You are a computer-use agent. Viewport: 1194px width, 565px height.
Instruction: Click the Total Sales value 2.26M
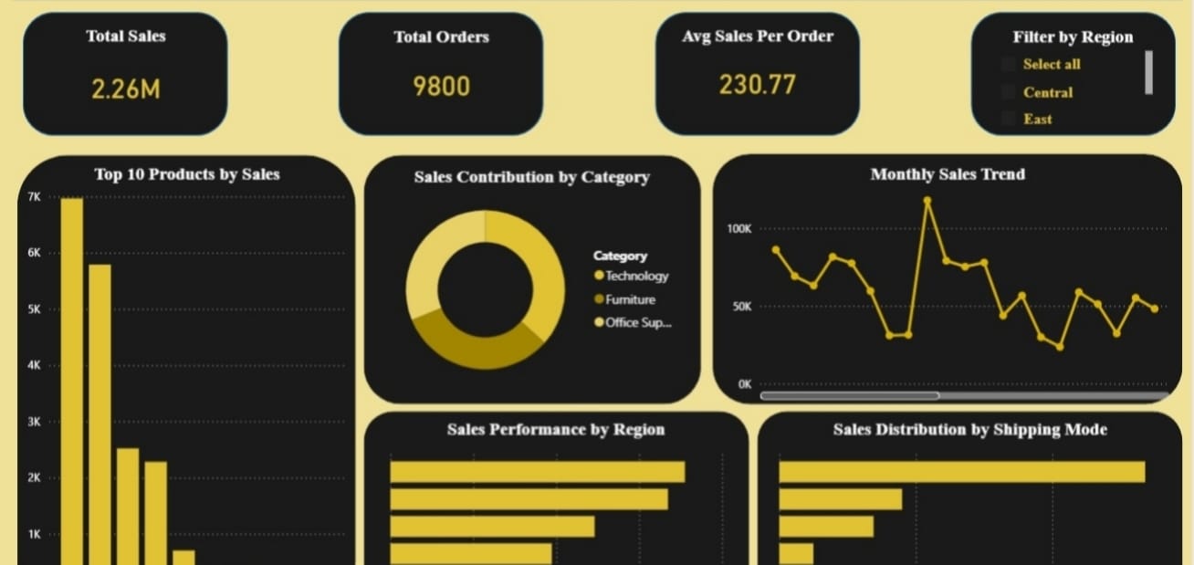[x=126, y=89]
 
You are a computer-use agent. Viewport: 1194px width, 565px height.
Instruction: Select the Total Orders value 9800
[x=441, y=87]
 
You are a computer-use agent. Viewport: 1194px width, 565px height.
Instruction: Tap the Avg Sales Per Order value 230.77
[x=757, y=85]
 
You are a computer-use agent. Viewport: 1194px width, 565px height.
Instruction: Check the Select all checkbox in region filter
[x=1008, y=64]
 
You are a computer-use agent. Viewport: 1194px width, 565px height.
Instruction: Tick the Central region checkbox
[x=1008, y=92]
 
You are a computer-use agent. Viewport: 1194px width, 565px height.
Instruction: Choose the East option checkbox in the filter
[x=1008, y=119]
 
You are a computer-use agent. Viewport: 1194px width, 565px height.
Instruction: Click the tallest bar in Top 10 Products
[x=72, y=365]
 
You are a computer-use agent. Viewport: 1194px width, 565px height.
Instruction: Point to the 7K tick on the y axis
[x=35, y=197]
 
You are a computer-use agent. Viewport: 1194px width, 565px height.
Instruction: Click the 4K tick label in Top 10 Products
[x=35, y=365]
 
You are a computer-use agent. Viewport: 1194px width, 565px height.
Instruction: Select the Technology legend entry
[x=636, y=276]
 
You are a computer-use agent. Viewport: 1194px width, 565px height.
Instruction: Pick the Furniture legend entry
[x=630, y=299]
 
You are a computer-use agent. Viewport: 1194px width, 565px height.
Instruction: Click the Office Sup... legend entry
[x=637, y=322]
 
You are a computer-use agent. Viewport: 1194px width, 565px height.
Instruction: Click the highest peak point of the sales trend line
[x=927, y=200]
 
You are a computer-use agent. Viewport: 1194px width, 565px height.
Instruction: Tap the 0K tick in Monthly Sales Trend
[x=744, y=384]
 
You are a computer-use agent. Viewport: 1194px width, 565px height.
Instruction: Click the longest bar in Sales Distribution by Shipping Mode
[x=961, y=471]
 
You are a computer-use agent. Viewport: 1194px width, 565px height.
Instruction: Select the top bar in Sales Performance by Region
[x=537, y=471]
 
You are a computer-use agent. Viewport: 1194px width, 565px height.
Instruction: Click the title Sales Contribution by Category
[x=531, y=177]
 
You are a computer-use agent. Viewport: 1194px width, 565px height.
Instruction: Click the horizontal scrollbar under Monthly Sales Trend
[x=849, y=396]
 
